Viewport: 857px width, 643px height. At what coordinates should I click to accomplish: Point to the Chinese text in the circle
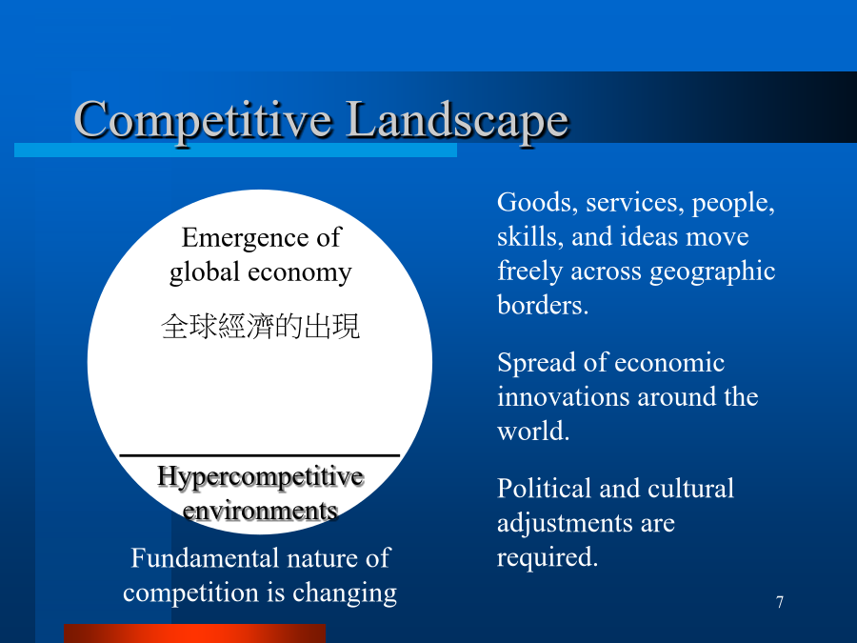(260, 326)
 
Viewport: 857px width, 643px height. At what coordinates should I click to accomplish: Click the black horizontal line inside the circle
(260, 455)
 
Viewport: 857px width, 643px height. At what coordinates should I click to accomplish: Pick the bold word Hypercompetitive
(260, 477)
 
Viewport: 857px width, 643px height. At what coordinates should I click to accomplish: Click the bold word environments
(260, 512)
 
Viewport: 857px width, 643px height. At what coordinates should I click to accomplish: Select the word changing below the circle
(345, 593)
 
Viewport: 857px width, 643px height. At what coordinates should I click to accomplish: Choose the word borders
(542, 305)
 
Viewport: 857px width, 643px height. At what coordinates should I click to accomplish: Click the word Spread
(536, 363)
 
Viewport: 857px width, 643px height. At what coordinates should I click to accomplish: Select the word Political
(545, 489)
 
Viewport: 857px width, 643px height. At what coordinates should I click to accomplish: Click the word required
(548, 557)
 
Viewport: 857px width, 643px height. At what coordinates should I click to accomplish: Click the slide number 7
(780, 602)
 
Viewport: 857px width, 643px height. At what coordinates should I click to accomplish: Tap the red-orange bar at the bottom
(194, 633)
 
